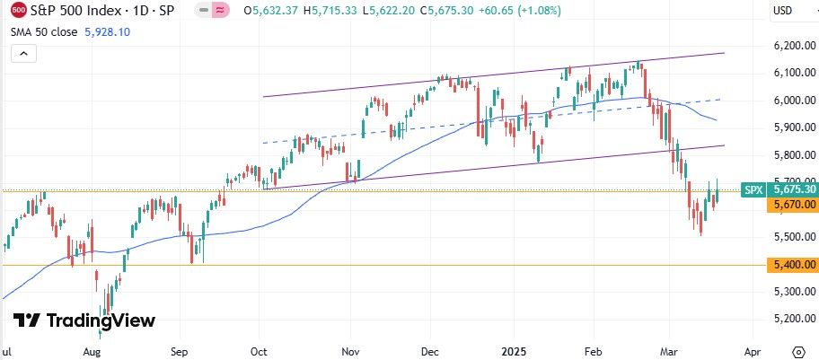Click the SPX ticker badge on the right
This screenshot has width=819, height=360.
coord(753,189)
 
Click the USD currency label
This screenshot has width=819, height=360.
coord(783,12)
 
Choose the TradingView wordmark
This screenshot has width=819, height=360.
coord(84,320)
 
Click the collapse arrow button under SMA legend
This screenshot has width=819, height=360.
coord(22,54)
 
